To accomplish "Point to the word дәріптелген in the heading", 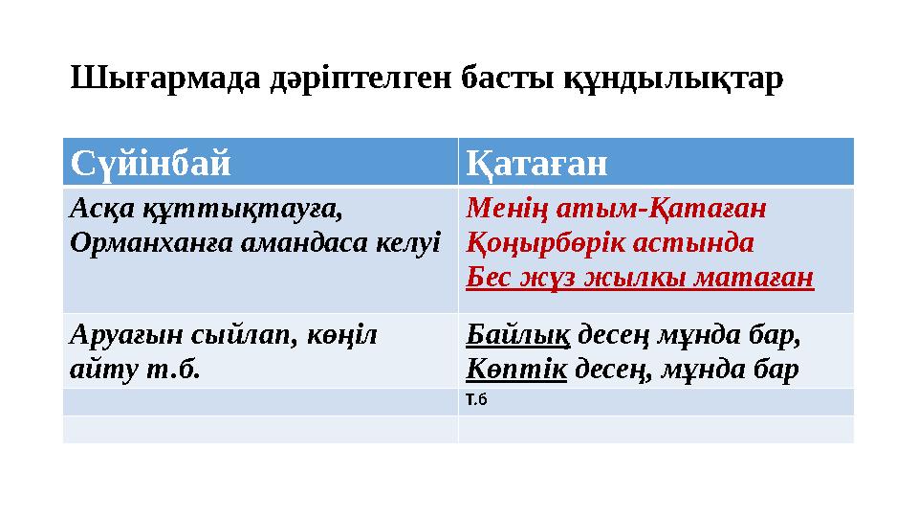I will tap(350, 78).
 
